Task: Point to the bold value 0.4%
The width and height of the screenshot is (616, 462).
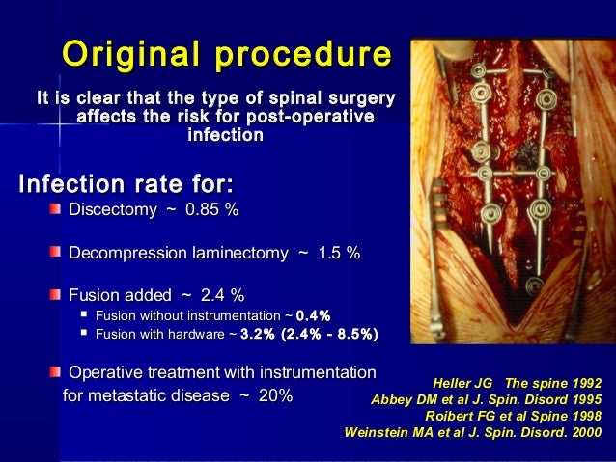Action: pos(313,315)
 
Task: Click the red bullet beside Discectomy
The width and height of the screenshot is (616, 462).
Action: pos(58,210)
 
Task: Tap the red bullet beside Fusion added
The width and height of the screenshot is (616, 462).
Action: pos(58,295)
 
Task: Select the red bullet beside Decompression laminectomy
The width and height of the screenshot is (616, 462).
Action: pos(58,253)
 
